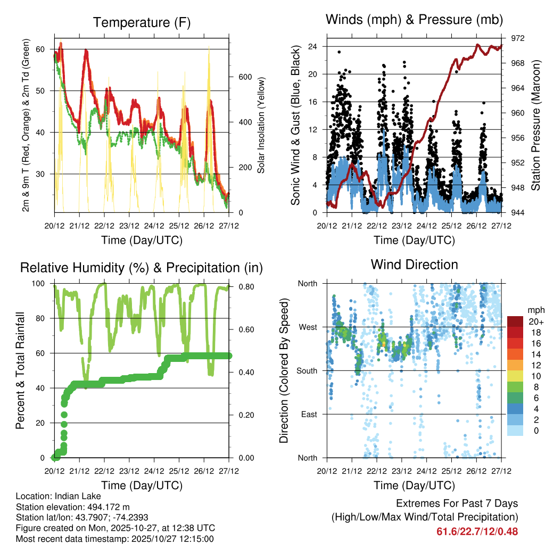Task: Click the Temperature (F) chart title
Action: [142, 22]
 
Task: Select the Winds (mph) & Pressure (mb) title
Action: [414, 20]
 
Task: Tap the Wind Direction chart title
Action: [414, 264]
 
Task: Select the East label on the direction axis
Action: [309, 414]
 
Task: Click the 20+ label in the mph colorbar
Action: [535, 321]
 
